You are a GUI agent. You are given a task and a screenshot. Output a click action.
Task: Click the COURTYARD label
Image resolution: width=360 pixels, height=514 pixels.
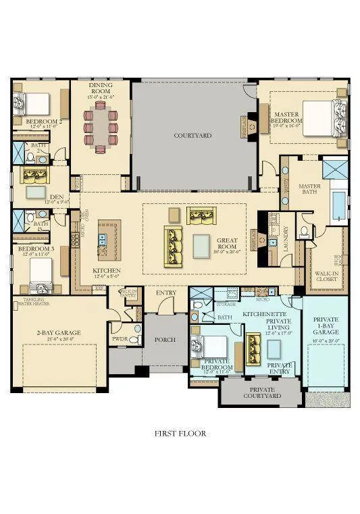192,136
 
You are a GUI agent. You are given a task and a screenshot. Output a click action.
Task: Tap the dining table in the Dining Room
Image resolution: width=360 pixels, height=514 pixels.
101,128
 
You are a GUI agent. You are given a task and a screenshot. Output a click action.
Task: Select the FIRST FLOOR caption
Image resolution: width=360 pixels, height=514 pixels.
180,434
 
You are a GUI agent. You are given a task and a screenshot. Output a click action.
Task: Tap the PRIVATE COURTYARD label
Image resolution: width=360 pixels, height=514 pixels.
262,392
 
